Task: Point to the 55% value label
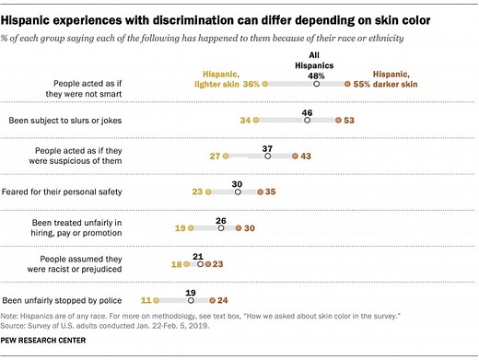coord(363,84)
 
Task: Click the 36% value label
coord(249,84)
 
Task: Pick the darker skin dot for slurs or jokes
coord(339,120)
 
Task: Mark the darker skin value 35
coord(272,192)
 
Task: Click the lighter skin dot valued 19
coord(193,227)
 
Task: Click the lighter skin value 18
coord(177,263)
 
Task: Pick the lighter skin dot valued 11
coord(158,300)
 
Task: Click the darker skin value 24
coord(224,300)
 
